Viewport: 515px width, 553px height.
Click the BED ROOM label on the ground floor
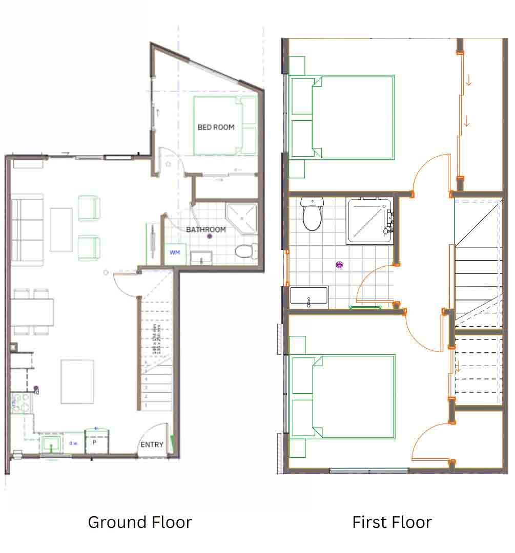pos(216,127)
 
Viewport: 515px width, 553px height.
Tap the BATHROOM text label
pos(206,229)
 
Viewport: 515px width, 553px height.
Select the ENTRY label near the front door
pos(152,444)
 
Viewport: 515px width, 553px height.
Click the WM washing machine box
pos(175,253)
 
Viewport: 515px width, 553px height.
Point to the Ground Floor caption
pos(140,522)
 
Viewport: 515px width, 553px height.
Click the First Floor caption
pos(392,522)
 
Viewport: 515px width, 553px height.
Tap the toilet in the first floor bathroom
pos(312,215)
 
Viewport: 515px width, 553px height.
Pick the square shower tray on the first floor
pos(369,221)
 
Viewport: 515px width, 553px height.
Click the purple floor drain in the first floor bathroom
pos(339,265)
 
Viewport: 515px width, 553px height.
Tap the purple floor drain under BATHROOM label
pos(209,237)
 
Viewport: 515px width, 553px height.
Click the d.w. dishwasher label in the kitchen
pos(73,442)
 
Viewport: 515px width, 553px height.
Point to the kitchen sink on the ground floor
pos(51,444)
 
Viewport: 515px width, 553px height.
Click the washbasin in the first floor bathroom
pos(309,297)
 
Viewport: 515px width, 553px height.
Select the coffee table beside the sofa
pos(61,229)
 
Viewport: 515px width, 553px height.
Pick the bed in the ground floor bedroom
pos(224,125)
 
